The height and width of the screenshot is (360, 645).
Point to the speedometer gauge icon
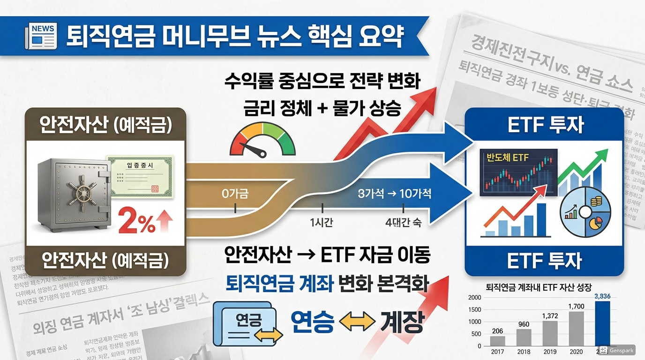[263, 139]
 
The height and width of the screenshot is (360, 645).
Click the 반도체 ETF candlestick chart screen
[518, 172]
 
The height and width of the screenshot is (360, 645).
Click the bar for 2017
[497, 341]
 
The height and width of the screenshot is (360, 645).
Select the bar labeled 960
[524, 337]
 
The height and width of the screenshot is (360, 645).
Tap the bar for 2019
[550, 333]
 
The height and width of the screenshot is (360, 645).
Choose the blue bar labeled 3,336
[602, 323]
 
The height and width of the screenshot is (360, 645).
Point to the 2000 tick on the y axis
[474, 298]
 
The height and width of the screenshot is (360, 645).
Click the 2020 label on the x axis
[576, 351]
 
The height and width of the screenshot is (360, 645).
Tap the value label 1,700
[576, 307]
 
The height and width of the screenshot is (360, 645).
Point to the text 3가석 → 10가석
[394, 193]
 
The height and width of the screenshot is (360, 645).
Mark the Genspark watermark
[616, 350]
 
